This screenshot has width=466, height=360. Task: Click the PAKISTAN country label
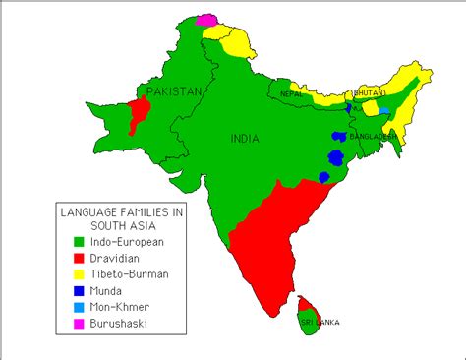174,91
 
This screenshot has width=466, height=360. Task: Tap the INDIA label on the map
245,139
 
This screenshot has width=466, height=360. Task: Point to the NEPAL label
291,94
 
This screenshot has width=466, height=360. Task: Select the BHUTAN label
368,92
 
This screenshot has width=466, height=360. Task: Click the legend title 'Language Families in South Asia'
121,217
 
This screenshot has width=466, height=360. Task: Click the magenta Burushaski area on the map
206,19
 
